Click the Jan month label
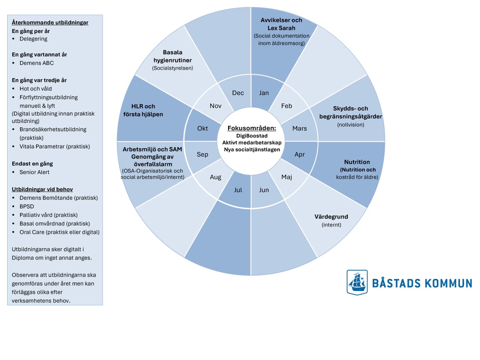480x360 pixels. pyautogui.click(x=264, y=93)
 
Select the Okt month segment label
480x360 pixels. pyautogui.click(x=203, y=128)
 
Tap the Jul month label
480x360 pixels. pyautogui.click(x=238, y=190)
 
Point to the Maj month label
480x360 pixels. pyautogui.click(x=287, y=177)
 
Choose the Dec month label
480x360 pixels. pyautogui.click(x=238, y=93)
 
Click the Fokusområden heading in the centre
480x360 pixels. pyautogui.click(x=252, y=128)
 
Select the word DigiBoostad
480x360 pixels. pyautogui.click(x=252, y=135)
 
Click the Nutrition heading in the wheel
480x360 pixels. pyautogui.click(x=357, y=162)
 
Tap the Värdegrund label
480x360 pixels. pyautogui.click(x=331, y=217)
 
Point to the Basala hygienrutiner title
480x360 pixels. pyautogui.click(x=172, y=56)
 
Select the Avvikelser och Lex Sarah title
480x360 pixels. pyautogui.click(x=281, y=24)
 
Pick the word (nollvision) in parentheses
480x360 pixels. pyautogui.click(x=350, y=125)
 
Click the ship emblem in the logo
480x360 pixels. pyautogui.click(x=357, y=282)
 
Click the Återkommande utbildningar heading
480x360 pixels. pyautogui.click(x=50, y=22)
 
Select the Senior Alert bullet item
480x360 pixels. pyautogui.click(x=34, y=172)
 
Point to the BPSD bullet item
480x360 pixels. pyautogui.click(x=27, y=207)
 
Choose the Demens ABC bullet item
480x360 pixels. pyautogui.click(x=36, y=63)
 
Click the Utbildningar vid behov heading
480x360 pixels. pyautogui.click(x=42, y=189)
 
